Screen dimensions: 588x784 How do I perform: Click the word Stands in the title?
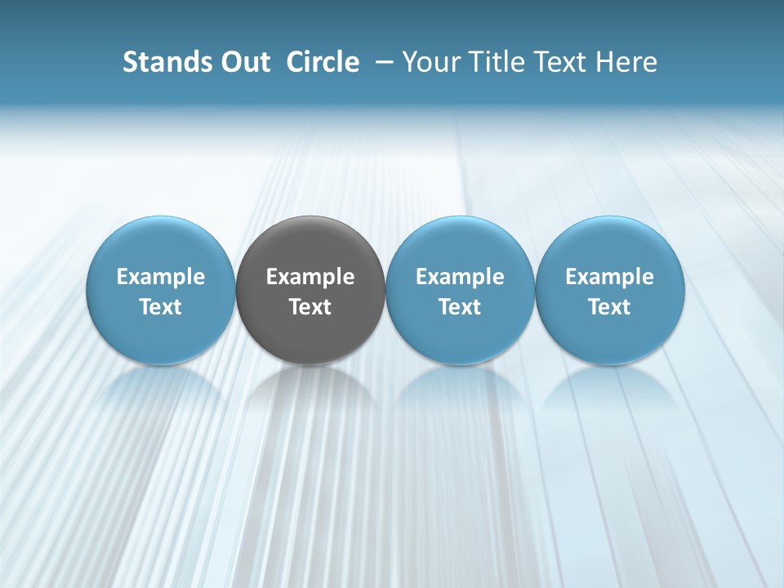155,62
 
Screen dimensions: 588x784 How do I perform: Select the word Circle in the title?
323,62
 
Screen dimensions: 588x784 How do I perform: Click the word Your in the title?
428,62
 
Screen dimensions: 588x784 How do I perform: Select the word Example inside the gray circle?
310,277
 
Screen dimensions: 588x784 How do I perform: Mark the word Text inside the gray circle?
310,307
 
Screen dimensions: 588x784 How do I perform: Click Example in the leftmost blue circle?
161,277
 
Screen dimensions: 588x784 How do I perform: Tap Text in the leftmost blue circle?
161,307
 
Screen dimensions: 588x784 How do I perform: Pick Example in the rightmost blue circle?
610,277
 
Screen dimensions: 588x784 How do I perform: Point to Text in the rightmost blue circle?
610,307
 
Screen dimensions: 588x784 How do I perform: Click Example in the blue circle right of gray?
460,277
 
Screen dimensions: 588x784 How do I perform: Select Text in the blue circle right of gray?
460,307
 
